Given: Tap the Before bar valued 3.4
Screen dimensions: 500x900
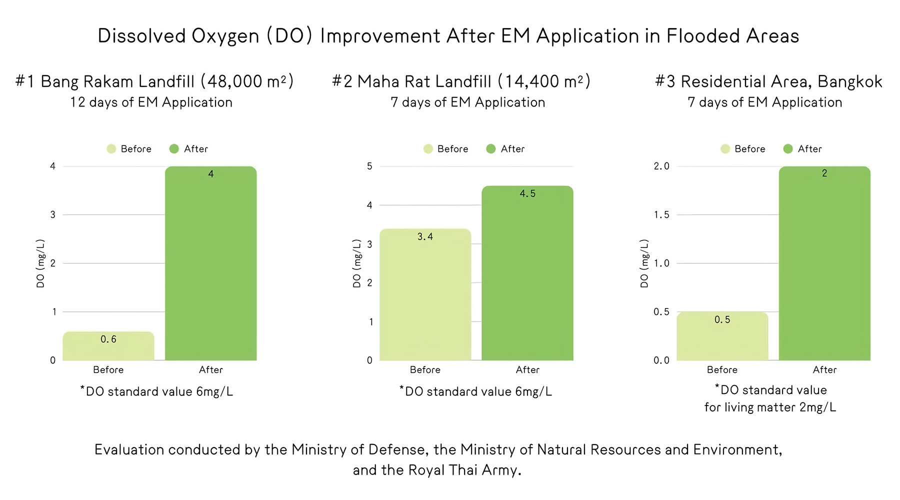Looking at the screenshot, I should (x=425, y=294).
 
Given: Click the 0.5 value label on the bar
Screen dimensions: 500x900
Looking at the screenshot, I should (x=722, y=319).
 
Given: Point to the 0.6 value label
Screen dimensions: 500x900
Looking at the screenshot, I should (x=108, y=339).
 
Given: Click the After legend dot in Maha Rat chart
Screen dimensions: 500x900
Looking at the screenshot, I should (x=491, y=149).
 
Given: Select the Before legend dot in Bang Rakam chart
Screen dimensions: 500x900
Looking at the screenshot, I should (x=111, y=149).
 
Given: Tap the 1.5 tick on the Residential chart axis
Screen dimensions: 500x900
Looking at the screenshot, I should (x=661, y=214).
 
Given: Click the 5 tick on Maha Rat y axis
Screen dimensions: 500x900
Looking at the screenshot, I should (x=369, y=166).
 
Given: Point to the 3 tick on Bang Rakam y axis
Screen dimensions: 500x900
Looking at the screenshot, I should (x=53, y=214).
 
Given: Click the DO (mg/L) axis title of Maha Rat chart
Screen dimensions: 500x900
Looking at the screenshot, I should (x=356, y=263).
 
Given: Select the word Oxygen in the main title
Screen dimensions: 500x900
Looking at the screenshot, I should (x=225, y=36).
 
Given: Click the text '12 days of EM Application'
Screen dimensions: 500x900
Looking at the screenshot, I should (x=151, y=102).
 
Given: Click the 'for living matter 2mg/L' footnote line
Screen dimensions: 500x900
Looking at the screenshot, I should (x=770, y=407).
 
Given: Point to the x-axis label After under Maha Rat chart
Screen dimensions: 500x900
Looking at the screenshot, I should (x=527, y=369).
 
